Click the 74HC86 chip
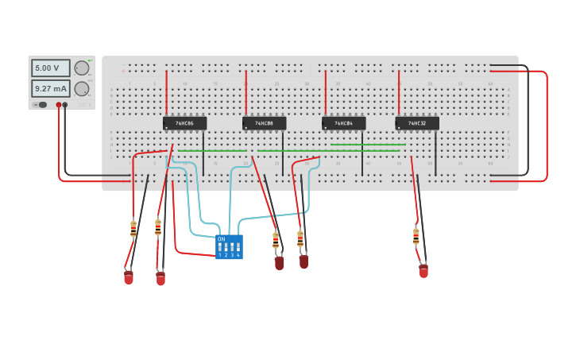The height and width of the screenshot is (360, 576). click(x=184, y=123)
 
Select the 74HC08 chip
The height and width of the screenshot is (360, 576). click(x=264, y=123)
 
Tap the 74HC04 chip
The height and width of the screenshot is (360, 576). click(x=343, y=123)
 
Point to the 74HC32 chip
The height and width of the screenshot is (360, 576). click(x=416, y=123)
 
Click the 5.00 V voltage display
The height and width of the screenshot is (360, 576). click(x=50, y=68)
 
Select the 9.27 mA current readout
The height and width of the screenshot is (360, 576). click(x=50, y=88)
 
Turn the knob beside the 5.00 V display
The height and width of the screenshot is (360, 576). click(x=81, y=68)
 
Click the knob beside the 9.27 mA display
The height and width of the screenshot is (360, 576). click(x=81, y=88)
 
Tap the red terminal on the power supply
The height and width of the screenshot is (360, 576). click(x=58, y=105)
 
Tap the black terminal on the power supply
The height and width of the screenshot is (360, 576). click(x=65, y=105)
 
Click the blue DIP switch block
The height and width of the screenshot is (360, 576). click(x=229, y=247)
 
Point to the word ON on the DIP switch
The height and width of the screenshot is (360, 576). click(x=221, y=238)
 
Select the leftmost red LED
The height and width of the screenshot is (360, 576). click(x=129, y=277)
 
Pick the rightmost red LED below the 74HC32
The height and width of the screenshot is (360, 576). click(x=423, y=271)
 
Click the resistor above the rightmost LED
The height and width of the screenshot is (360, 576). click(x=416, y=236)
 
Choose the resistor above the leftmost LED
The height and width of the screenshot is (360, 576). click(x=133, y=229)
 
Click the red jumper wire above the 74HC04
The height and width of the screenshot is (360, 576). click(x=326, y=91)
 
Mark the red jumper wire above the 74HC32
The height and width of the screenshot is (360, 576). click(x=399, y=91)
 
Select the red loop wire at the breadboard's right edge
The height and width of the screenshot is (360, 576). click(x=547, y=127)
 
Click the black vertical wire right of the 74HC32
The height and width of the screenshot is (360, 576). click(x=435, y=153)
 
